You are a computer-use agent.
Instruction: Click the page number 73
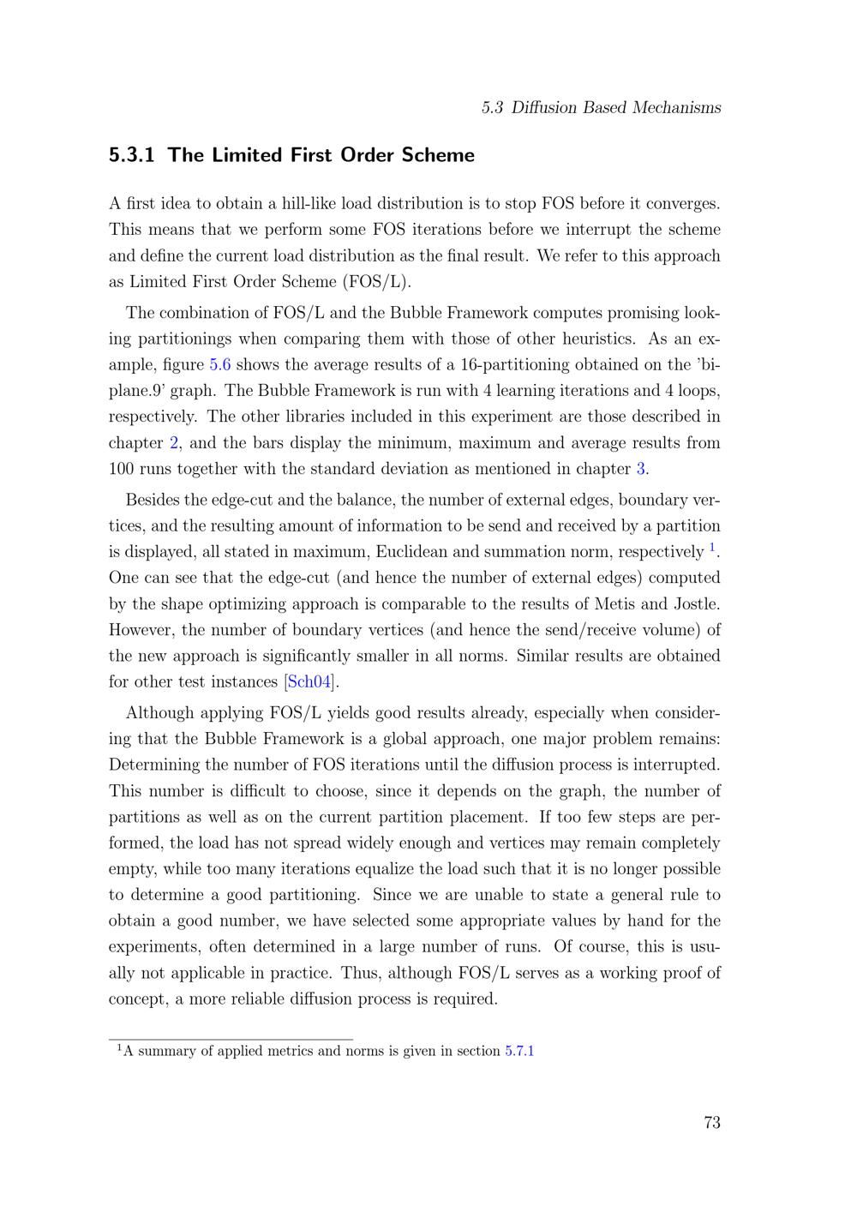[711, 1123]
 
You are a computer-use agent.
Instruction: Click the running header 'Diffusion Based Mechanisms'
[615, 108]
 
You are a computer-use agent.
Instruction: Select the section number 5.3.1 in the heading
[133, 155]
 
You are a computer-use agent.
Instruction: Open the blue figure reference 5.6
[220, 365]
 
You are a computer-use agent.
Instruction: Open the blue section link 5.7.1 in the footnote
[519, 1051]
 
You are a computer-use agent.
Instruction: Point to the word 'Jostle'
[696, 604]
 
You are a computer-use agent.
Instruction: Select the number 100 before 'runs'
[123, 469]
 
